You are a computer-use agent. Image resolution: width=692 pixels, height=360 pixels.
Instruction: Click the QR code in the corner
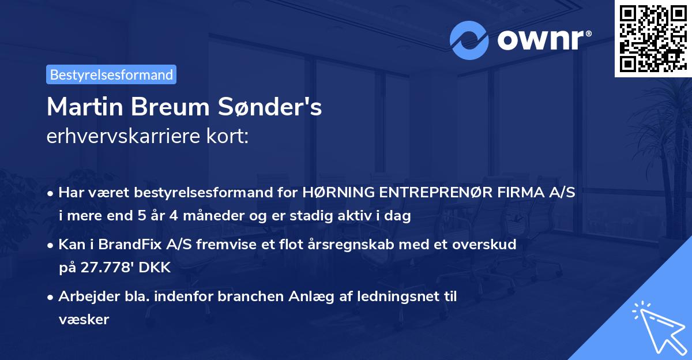click(653, 39)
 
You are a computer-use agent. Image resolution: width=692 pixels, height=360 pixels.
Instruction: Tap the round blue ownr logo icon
click(469, 40)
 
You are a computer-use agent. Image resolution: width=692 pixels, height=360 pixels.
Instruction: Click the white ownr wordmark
click(544, 40)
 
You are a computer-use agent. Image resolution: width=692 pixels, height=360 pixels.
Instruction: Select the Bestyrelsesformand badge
click(111, 74)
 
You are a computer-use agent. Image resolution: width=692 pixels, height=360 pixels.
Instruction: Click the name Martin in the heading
click(85, 107)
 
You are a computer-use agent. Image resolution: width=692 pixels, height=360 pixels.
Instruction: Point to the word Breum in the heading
click(171, 107)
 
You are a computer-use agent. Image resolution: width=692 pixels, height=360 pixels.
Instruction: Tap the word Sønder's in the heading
click(270, 107)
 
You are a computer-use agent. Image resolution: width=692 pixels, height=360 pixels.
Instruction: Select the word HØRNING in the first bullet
click(338, 192)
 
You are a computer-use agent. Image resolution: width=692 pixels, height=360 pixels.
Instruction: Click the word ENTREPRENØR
click(435, 192)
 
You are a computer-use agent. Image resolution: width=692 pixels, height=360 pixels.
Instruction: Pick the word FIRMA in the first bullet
click(521, 192)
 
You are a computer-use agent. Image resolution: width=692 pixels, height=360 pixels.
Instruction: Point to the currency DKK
click(155, 267)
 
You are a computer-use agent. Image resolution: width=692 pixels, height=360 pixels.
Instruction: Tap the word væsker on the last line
click(84, 320)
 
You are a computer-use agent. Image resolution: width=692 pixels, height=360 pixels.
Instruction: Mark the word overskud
click(484, 244)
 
